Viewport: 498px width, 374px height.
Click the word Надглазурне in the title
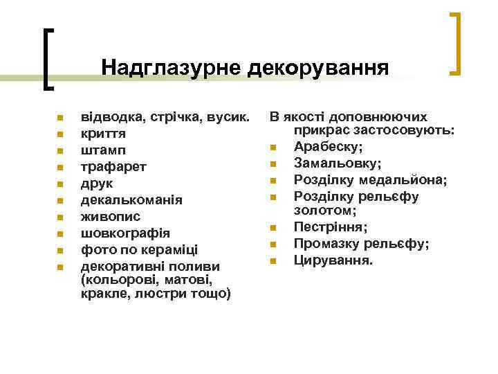[x=170, y=67]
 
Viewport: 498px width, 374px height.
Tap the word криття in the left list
[x=103, y=133]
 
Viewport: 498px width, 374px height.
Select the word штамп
[x=104, y=150]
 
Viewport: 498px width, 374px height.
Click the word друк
[x=97, y=183]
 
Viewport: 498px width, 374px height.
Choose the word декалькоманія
[x=132, y=199]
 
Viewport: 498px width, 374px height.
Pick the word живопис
[x=111, y=216]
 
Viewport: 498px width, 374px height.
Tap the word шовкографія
[x=125, y=233]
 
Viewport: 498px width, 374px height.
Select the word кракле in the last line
[x=101, y=294]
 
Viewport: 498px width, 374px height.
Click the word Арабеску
[x=329, y=146]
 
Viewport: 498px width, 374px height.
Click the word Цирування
[x=333, y=260]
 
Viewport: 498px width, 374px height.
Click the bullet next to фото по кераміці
[x=60, y=250]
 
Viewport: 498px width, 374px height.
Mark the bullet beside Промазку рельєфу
[x=274, y=244]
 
